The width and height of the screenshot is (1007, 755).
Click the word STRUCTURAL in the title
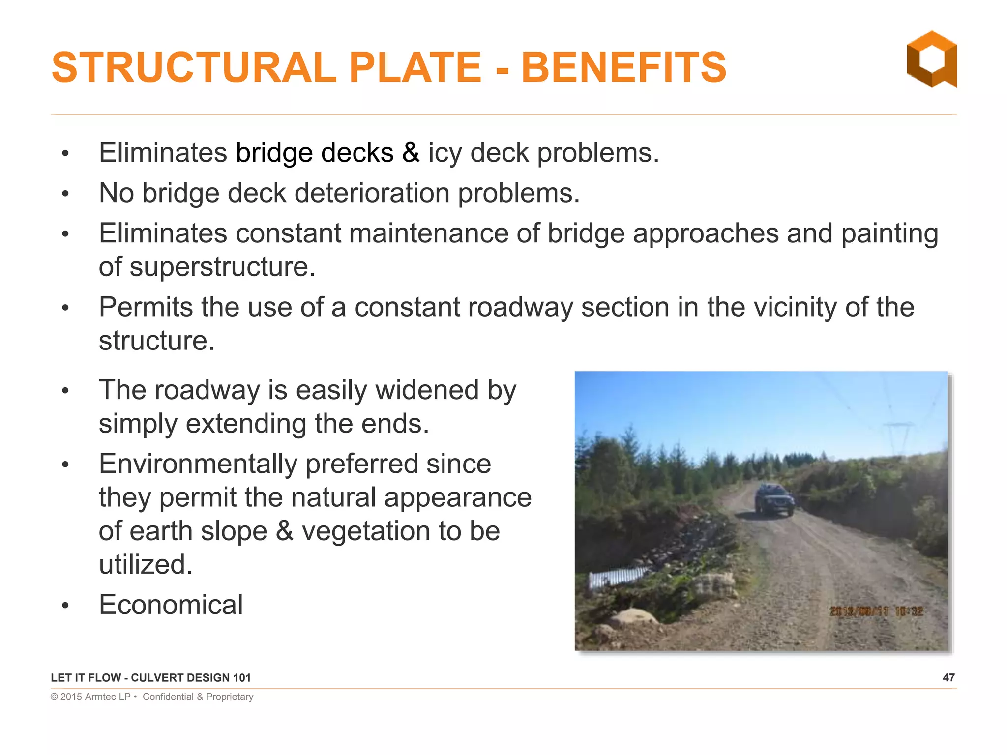[x=194, y=67]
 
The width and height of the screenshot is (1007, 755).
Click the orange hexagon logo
[x=931, y=59]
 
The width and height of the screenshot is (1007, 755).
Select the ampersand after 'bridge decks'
[x=411, y=153]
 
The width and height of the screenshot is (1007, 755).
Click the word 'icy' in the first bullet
[x=445, y=153]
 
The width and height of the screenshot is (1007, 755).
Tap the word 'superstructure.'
[x=222, y=267]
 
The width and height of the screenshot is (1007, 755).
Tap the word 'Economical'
[x=171, y=605]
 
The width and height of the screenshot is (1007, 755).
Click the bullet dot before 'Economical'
[x=65, y=606]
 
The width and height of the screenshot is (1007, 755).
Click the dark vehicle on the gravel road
[x=774, y=500]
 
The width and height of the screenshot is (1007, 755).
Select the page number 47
[x=948, y=677]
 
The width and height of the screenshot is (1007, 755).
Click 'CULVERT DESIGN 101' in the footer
[x=191, y=678]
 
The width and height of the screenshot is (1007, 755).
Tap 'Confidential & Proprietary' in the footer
[x=198, y=697]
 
